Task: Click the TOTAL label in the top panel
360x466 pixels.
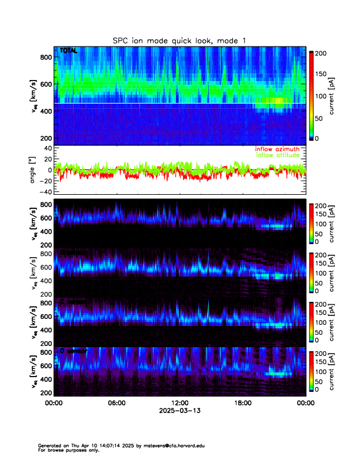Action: pos(68,51)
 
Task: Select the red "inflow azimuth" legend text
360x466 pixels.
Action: pos(277,149)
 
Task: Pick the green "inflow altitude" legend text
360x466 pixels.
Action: pos(278,155)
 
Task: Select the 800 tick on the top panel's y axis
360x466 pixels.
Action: pos(47,57)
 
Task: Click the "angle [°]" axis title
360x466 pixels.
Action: pos(34,169)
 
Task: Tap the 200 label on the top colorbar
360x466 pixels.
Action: pos(321,54)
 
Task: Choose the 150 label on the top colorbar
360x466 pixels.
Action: pos(321,75)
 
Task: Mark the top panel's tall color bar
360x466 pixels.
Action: pos(311,96)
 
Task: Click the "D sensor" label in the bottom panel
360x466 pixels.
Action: pos(74,351)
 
